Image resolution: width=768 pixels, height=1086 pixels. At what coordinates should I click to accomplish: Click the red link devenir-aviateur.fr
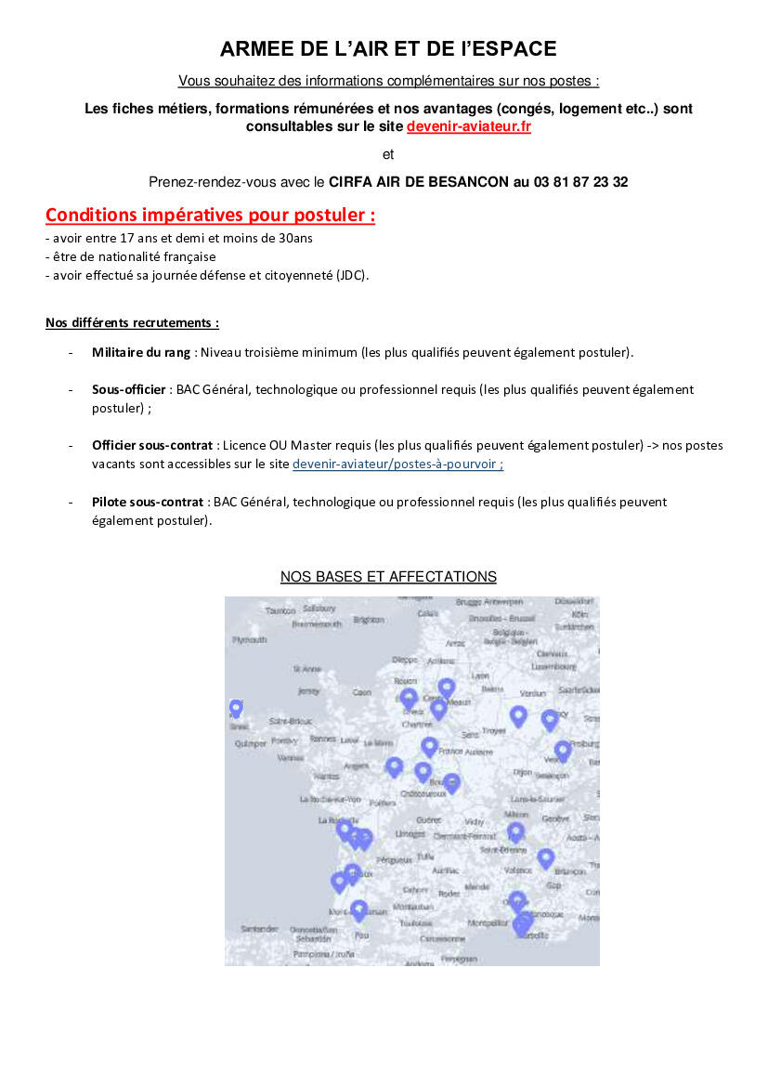(468, 126)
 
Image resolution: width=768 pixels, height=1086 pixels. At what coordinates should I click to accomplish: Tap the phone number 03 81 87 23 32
(580, 182)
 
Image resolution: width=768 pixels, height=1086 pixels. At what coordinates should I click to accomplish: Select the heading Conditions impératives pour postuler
(210, 216)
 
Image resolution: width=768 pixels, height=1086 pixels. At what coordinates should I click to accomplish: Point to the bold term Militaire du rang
(141, 352)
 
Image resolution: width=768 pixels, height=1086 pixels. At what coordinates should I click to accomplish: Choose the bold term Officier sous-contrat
(152, 446)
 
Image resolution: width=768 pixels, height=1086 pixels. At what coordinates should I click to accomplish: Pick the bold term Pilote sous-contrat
(147, 502)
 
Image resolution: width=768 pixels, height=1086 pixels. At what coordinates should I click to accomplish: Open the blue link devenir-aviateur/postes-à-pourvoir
(397, 464)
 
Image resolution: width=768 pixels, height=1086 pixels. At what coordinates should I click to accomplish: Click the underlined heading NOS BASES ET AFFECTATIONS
(388, 577)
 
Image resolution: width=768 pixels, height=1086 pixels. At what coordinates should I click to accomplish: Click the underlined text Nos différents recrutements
(132, 323)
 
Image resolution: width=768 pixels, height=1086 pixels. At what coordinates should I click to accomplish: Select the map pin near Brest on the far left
(236, 708)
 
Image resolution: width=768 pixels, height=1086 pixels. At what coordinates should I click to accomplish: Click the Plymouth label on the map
(249, 640)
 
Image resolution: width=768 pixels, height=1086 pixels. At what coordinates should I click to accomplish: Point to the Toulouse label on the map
(416, 923)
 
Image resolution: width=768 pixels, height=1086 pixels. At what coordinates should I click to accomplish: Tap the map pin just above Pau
(359, 909)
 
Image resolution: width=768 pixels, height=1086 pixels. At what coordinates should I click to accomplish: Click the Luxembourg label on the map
(553, 666)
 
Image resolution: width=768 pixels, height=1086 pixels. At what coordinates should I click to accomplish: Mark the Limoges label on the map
(410, 834)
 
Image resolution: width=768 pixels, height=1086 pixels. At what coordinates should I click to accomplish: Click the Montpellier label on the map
(488, 923)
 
